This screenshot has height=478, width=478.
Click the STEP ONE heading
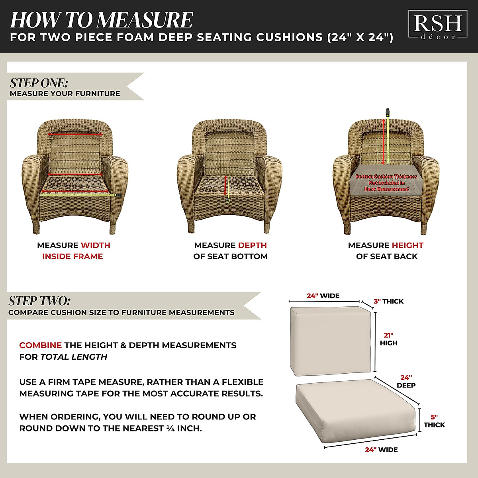(x=39, y=83)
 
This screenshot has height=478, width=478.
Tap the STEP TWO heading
(x=39, y=301)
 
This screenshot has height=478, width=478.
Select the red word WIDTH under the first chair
(x=96, y=245)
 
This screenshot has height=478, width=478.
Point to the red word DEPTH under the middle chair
(x=252, y=245)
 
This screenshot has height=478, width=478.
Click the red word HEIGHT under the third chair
(x=407, y=245)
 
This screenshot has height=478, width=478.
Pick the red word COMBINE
(x=40, y=345)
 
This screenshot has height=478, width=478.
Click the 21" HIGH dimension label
(x=388, y=339)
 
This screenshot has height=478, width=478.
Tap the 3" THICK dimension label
(x=388, y=301)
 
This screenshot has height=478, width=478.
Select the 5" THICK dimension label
(x=434, y=421)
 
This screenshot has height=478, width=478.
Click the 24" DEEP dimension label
(x=406, y=381)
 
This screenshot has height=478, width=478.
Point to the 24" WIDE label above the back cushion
(x=323, y=296)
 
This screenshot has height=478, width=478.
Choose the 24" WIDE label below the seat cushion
(x=381, y=450)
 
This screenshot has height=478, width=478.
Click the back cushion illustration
(x=331, y=341)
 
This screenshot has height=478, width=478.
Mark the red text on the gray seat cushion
(x=386, y=182)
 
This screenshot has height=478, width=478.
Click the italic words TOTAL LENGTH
(x=74, y=357)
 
